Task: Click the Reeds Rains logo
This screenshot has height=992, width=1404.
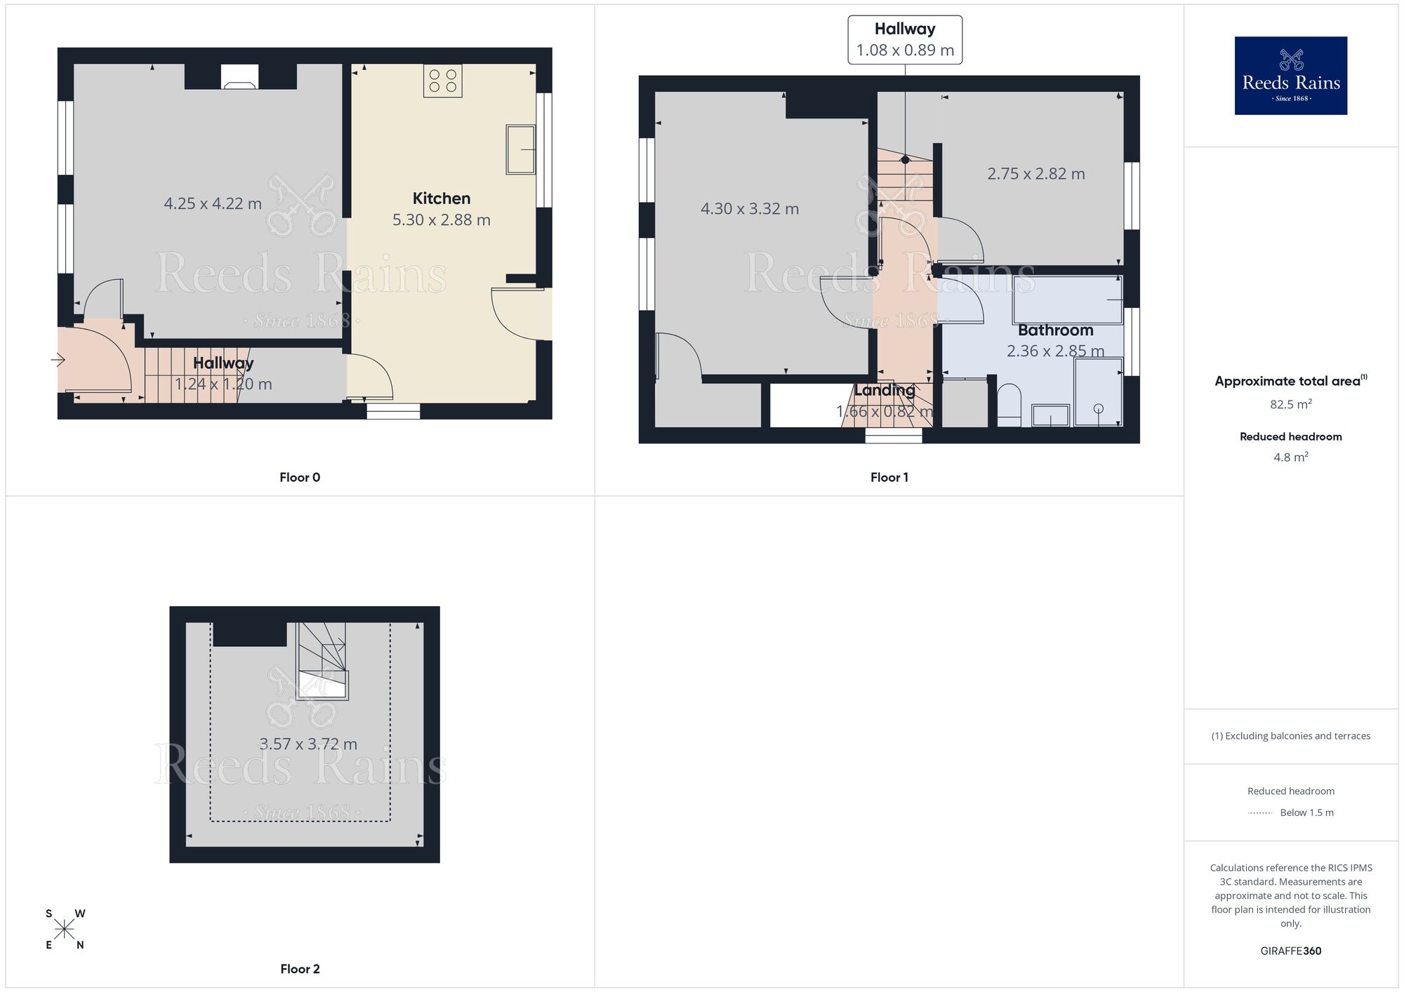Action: coord(1290,76)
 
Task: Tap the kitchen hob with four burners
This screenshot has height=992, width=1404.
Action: coord(442,81)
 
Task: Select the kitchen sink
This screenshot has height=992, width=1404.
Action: coord(519,149)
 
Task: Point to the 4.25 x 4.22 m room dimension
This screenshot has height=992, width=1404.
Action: coord(213,203)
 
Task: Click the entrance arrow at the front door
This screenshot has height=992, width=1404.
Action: coord(58,360)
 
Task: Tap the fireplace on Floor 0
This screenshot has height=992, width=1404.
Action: coord(239,76)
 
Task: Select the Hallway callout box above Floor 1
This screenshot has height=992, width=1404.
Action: coord(904,40)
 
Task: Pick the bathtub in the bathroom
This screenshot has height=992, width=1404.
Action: coord(1067,300)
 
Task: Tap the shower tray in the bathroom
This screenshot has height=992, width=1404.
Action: coord(1098,393)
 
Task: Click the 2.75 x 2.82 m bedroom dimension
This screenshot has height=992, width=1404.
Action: coord(1035,174)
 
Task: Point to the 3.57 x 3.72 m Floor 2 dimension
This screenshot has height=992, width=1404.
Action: coord(308,744)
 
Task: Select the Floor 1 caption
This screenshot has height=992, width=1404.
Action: coord(889,477)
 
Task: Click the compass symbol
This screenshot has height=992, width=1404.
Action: coord(65,930)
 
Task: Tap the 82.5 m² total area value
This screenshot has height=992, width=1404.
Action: coord(1290,404)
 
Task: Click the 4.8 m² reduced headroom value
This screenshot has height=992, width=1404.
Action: coord(1290,457)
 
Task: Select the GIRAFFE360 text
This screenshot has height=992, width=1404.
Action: coord(1290,951)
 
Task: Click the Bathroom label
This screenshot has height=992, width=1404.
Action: coord(1055,330)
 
